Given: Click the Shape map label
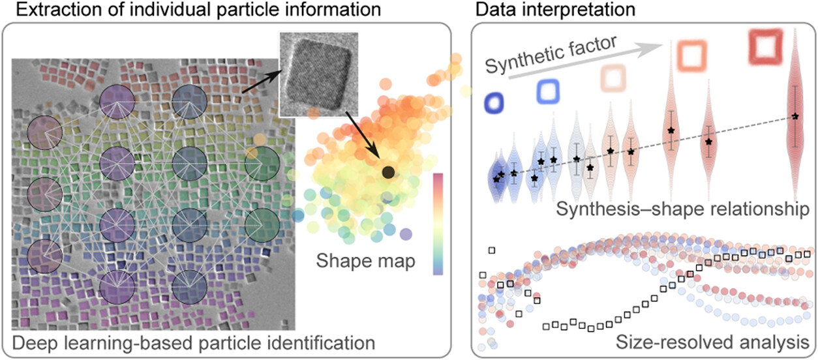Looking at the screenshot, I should [x=357, y=261].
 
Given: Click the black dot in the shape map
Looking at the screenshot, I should [x=387, y=172].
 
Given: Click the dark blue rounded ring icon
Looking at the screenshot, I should [x=494, y=102].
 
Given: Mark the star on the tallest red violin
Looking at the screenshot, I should [x=795, y=116].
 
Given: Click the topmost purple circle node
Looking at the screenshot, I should [x=117, y=102].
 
